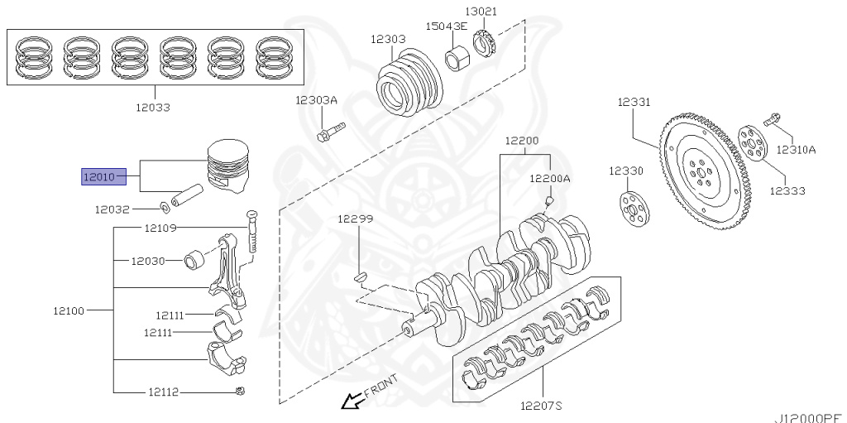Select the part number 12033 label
[x=154, y=107]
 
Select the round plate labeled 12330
[x=634, y=209]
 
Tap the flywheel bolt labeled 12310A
[x=771, y=122]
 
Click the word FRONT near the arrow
[x=381, y=387]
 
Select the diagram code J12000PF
[x=808, y=418]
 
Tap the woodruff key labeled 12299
[x=361, y=276]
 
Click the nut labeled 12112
[x=240, y=391]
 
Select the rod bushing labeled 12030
[x=196, y=261]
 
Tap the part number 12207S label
[x=541, y=406]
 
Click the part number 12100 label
[x=69, y=310]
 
